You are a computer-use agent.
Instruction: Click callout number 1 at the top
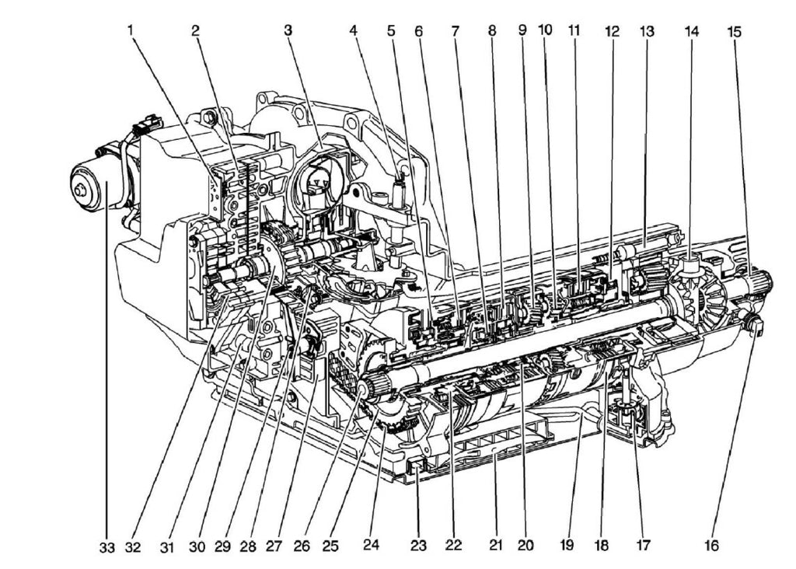pyautogui.click(x=131, y=31)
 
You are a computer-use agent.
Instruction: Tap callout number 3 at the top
pyautogui.click(x=288, y=31)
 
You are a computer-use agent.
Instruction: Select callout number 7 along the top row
pyautogui.click(x=455, y=32)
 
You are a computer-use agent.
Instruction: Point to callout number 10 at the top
pyautogui.click(x=545, y=30)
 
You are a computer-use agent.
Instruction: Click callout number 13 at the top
pyautogui.click(x=647, y=32)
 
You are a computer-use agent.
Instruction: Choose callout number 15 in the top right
pyautogui.click(x=735, y=32)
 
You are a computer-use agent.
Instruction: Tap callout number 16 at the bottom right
pyautogui.click(x=711, y=546)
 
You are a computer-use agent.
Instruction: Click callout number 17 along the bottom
pyautogui.click(x=642, y=546)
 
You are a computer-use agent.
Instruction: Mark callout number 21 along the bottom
pyautogui.click(x=496, y=546)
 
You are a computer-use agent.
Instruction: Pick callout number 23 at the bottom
pyautogui.click(x=419, y=546)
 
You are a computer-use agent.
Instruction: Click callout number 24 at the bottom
pyautogui.click(x=371, y=546)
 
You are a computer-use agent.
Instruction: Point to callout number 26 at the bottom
pyautogui.click(x=302, y=546)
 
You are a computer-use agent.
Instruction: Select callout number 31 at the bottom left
pyautogui.click(x=166, y=546)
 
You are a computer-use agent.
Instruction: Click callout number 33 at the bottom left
pyautogui.click(x=106, y=546)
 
